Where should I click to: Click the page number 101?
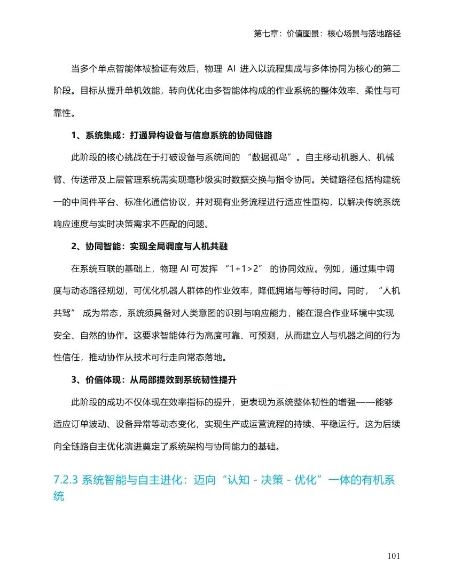coord(394,557)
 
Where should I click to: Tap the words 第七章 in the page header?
coord(266,34)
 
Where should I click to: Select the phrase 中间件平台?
coord(105,203)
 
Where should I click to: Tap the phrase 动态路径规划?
coord(105,291)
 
